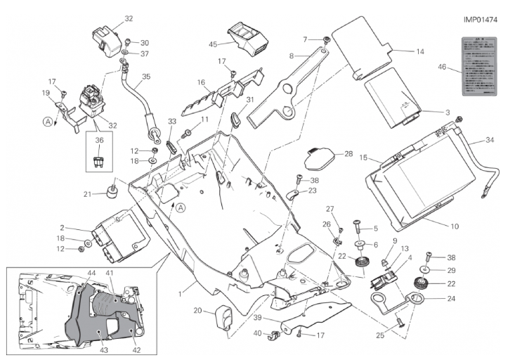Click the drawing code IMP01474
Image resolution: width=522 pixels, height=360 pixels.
(x=481, y=20)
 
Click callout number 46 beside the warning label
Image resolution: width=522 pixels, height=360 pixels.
(x=442, y=67)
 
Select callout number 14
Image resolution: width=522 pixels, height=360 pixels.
(x=420, y=51)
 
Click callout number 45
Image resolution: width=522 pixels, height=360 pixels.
(x=213, y=44)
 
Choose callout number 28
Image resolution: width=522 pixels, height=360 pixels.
(x=348, y=154)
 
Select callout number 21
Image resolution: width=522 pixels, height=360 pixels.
(x=88, y=194)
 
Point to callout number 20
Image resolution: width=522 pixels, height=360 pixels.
(x=197, y=310)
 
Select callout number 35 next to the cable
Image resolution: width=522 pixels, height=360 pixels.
(x=146, y=77)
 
